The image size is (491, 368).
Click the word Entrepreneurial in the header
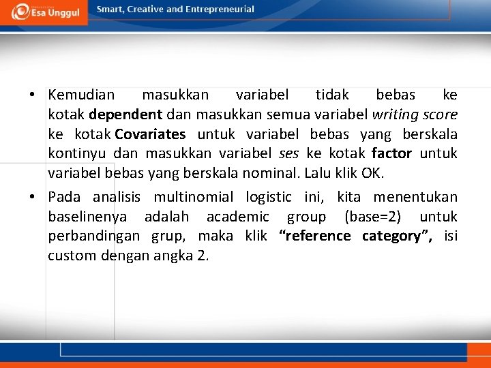(x=221, y=10)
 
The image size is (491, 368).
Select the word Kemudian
(x=81, y=95)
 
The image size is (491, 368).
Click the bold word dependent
(x=125, y=114)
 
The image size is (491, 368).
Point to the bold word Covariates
(x=150, y=134)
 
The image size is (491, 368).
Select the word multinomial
(x=193, y=198)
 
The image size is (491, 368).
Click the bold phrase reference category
(x=355, y=236)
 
